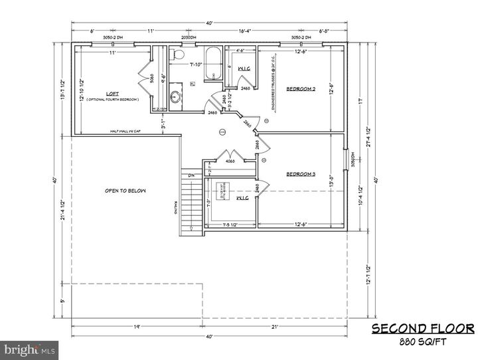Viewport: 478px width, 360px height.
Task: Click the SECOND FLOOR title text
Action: coord(422,329)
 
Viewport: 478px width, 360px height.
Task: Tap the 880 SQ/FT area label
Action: coord(422,343)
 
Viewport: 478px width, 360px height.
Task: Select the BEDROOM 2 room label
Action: coord(300,89)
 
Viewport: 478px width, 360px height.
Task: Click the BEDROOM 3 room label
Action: coord(300,175)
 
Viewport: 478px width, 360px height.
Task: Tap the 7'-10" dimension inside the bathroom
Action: coord(195,65)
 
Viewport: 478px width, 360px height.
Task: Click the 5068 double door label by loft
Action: coord(152,77)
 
